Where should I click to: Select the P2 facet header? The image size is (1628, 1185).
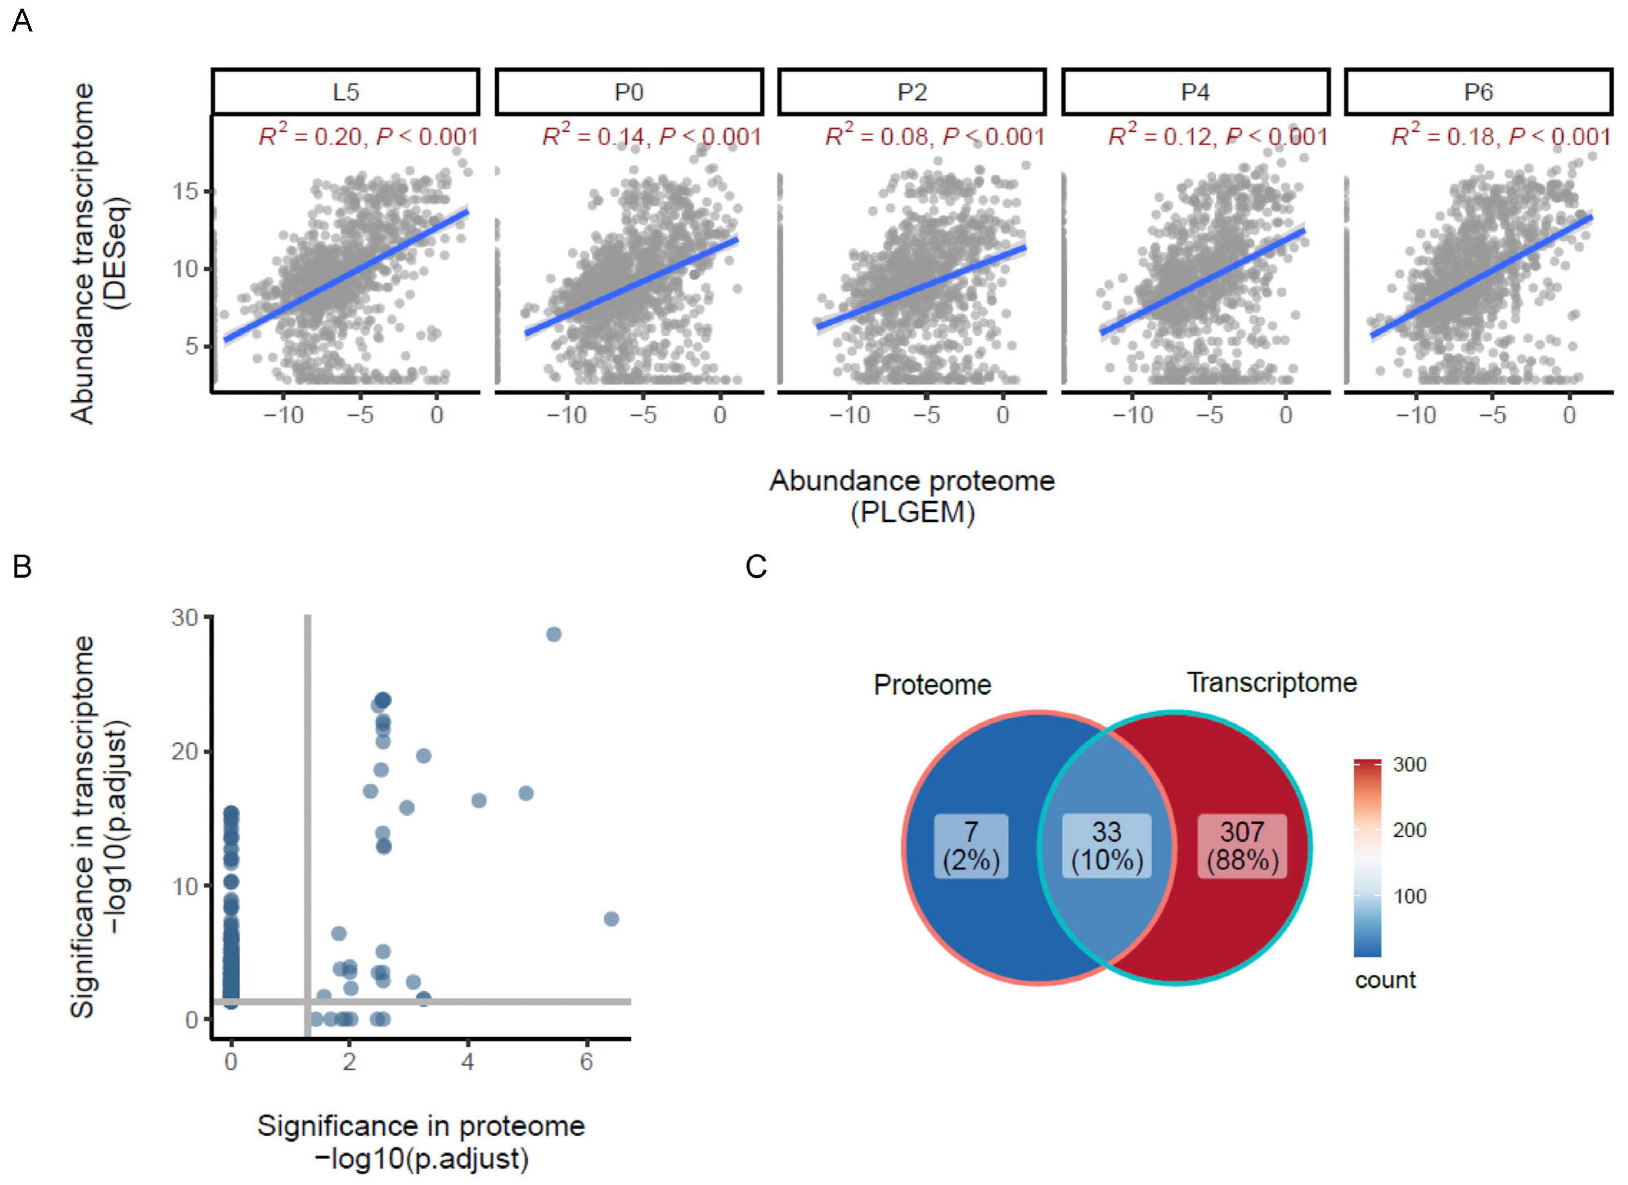pyautogui.click(x=912, y=92)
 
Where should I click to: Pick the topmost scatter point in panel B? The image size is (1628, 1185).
pyautogui.click(x=553, y=634)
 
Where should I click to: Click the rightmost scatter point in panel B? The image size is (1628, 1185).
pyautogui.click(x=611, y=919)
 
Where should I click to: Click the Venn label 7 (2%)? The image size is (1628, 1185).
pyautogui.click(x=971, y=846)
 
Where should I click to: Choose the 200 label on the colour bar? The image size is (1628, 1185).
pyautogui.click(x=1409, y=830)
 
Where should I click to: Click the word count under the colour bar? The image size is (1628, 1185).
pyautogui.click(x=1385, y=980)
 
